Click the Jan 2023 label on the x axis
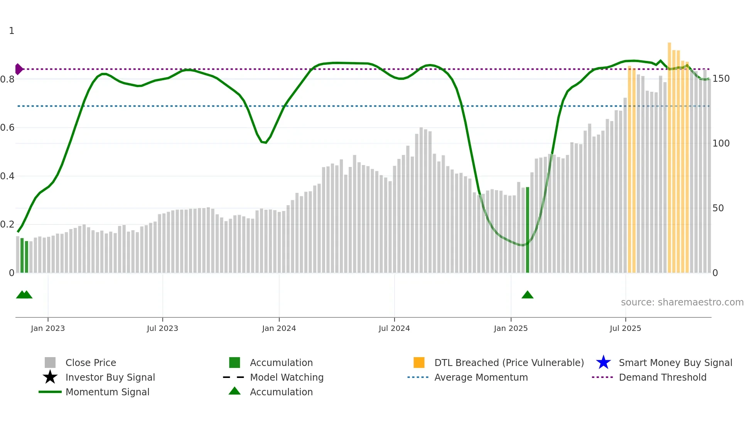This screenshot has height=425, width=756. (x=48, y=328)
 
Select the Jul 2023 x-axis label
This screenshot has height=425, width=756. (x=162, y=328)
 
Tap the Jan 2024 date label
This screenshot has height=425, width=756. (x=279, y=328)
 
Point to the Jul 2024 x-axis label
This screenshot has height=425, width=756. (x=394, y=328)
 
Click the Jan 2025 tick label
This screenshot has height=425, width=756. (x=511, y=328)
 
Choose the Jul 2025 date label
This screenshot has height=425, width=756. (x=625, y=328)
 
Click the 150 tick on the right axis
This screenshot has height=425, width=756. (x=721, y=79)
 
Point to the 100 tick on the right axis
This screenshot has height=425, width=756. (x=721, y=143)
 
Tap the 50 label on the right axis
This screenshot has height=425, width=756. (x=718, y=208)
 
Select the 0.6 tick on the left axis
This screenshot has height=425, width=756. (x=7, y=128)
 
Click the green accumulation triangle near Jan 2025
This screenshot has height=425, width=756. (x=527, y=295)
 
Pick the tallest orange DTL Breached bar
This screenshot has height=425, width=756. (x=670, y=158)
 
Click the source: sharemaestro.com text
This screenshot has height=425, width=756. (x=682, y=302)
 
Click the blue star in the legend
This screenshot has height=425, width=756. (x=603, y=363)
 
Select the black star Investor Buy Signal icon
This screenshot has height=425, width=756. (x=50, y=377)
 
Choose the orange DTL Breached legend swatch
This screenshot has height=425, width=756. (x=419, y=363)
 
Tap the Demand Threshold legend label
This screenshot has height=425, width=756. (x=662, y=377)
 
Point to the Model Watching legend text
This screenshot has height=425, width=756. (x=287, y=377)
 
